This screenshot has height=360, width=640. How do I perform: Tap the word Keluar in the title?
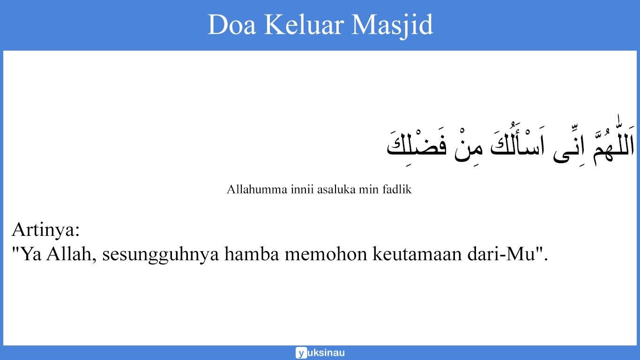click(304, 25)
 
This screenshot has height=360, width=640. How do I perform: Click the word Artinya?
click(45, 230)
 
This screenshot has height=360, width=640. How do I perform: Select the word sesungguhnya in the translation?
click(161, 255)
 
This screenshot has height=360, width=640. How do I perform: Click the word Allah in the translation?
click(72, 255)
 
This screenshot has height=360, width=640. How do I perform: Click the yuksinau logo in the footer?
click(320, 353)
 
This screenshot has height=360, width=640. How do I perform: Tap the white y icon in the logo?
click(301, 353)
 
